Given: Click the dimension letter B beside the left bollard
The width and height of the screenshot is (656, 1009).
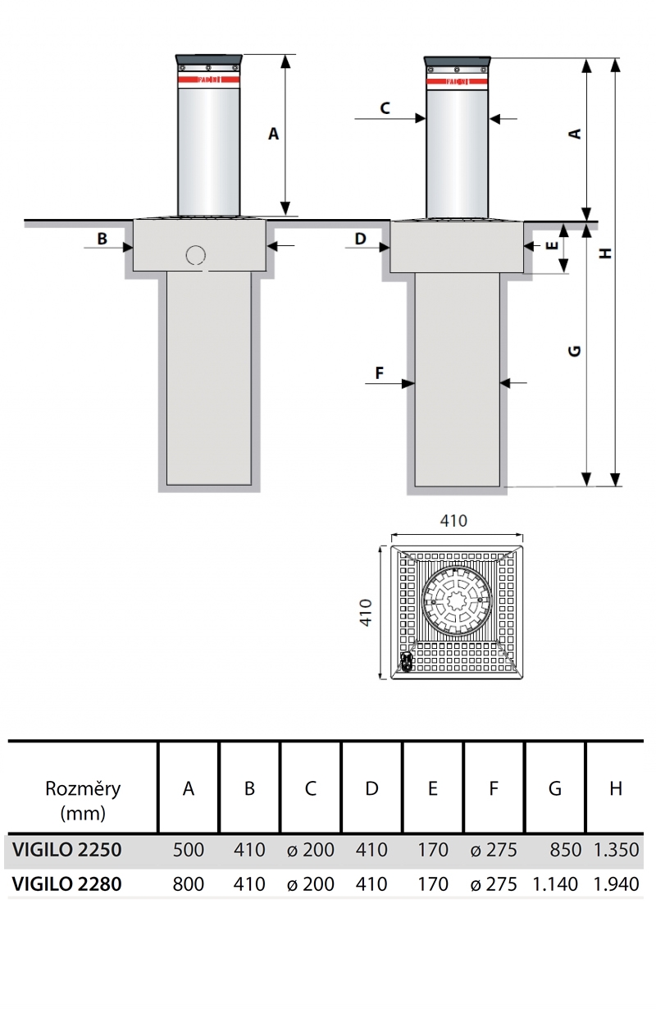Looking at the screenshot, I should point(102,239).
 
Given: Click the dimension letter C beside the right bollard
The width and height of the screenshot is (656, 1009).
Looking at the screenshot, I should point(385,107).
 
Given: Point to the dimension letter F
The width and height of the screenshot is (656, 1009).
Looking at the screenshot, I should point(380,373).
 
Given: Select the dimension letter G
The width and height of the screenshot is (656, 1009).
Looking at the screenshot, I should point(575,350).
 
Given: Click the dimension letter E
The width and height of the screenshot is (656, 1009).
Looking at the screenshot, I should point(552,244).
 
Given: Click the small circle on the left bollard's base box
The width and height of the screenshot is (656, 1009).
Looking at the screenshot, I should point(195,256).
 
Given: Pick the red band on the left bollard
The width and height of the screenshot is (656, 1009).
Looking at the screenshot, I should point(208,80).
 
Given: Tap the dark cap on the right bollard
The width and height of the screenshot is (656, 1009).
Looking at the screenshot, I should point(458,62).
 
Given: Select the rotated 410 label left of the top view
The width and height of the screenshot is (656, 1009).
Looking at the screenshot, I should point(367,612).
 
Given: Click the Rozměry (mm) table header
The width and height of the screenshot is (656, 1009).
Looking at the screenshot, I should point(83,800).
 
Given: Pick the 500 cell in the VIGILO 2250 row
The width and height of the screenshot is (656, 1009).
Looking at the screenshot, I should point(189,850).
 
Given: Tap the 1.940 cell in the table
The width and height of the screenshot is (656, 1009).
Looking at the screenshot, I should point(616,883).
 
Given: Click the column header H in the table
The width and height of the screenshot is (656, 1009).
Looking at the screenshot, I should point(616,788).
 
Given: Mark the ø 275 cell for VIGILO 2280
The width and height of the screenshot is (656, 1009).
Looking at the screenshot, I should point(494,883).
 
